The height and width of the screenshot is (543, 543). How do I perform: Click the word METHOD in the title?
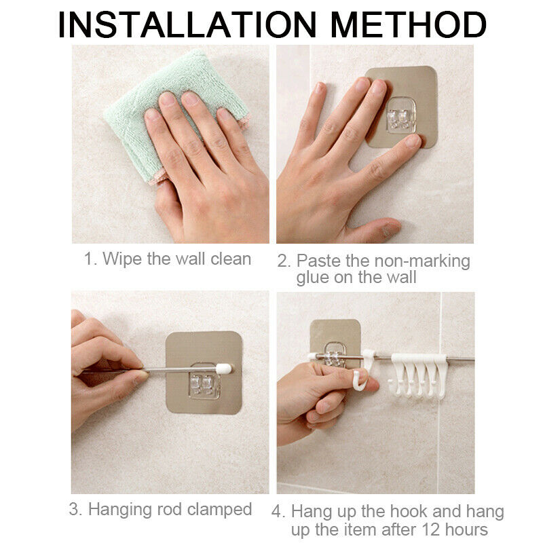[409, 24]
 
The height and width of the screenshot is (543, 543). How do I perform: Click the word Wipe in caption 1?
[122, 259]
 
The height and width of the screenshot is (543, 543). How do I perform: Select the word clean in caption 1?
[231, 259]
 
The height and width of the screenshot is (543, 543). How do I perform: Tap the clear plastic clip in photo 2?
[401, 115]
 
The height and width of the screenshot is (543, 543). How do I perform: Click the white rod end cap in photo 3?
[223, 369]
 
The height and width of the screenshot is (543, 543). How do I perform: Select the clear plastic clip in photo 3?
[204, 380]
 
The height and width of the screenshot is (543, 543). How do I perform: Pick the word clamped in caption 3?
[219, 509]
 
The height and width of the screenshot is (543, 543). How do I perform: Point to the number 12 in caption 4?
[431, 529]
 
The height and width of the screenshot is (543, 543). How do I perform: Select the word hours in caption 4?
[466, 529]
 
